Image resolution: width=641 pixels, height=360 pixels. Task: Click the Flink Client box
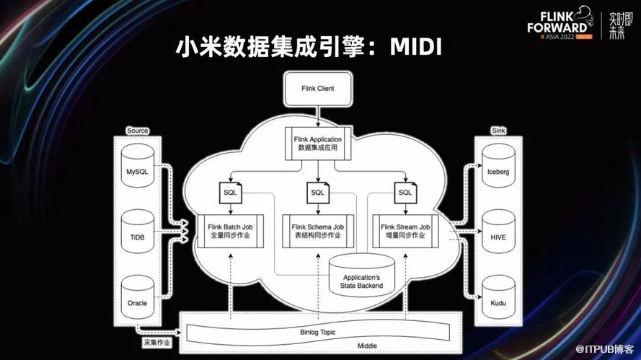(x=317, y=89)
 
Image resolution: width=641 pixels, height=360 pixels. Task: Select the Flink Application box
(x=317, y=142)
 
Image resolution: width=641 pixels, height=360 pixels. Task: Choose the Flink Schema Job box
(x=318, y=232)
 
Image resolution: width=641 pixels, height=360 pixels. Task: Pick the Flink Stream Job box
(x=405, y=232)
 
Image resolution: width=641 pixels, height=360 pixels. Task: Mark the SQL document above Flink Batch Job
(x=230, y=193)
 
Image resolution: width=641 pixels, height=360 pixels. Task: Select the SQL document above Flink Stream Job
(x=406, y=193)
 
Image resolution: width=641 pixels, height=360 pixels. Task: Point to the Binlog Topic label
(x=318, y=332)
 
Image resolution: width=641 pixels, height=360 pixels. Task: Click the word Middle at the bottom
(x=368, y=346)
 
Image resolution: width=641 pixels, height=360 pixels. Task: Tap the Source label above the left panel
(x=137, y=131)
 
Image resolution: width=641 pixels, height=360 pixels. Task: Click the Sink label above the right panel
(x=498, y=131)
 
